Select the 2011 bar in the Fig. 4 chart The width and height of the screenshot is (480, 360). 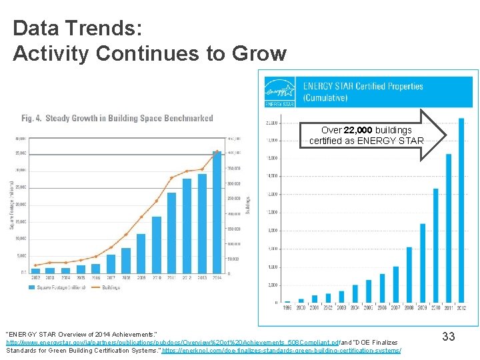171,233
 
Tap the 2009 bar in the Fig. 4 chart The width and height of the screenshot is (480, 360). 141,253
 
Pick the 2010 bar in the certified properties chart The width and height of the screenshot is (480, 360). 435,246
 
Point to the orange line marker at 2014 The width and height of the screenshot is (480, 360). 217,151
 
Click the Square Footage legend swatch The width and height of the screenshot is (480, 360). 32,287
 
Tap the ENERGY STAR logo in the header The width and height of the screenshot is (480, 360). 280,92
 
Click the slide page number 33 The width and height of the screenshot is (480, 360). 448,337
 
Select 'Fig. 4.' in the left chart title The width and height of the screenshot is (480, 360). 32,119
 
